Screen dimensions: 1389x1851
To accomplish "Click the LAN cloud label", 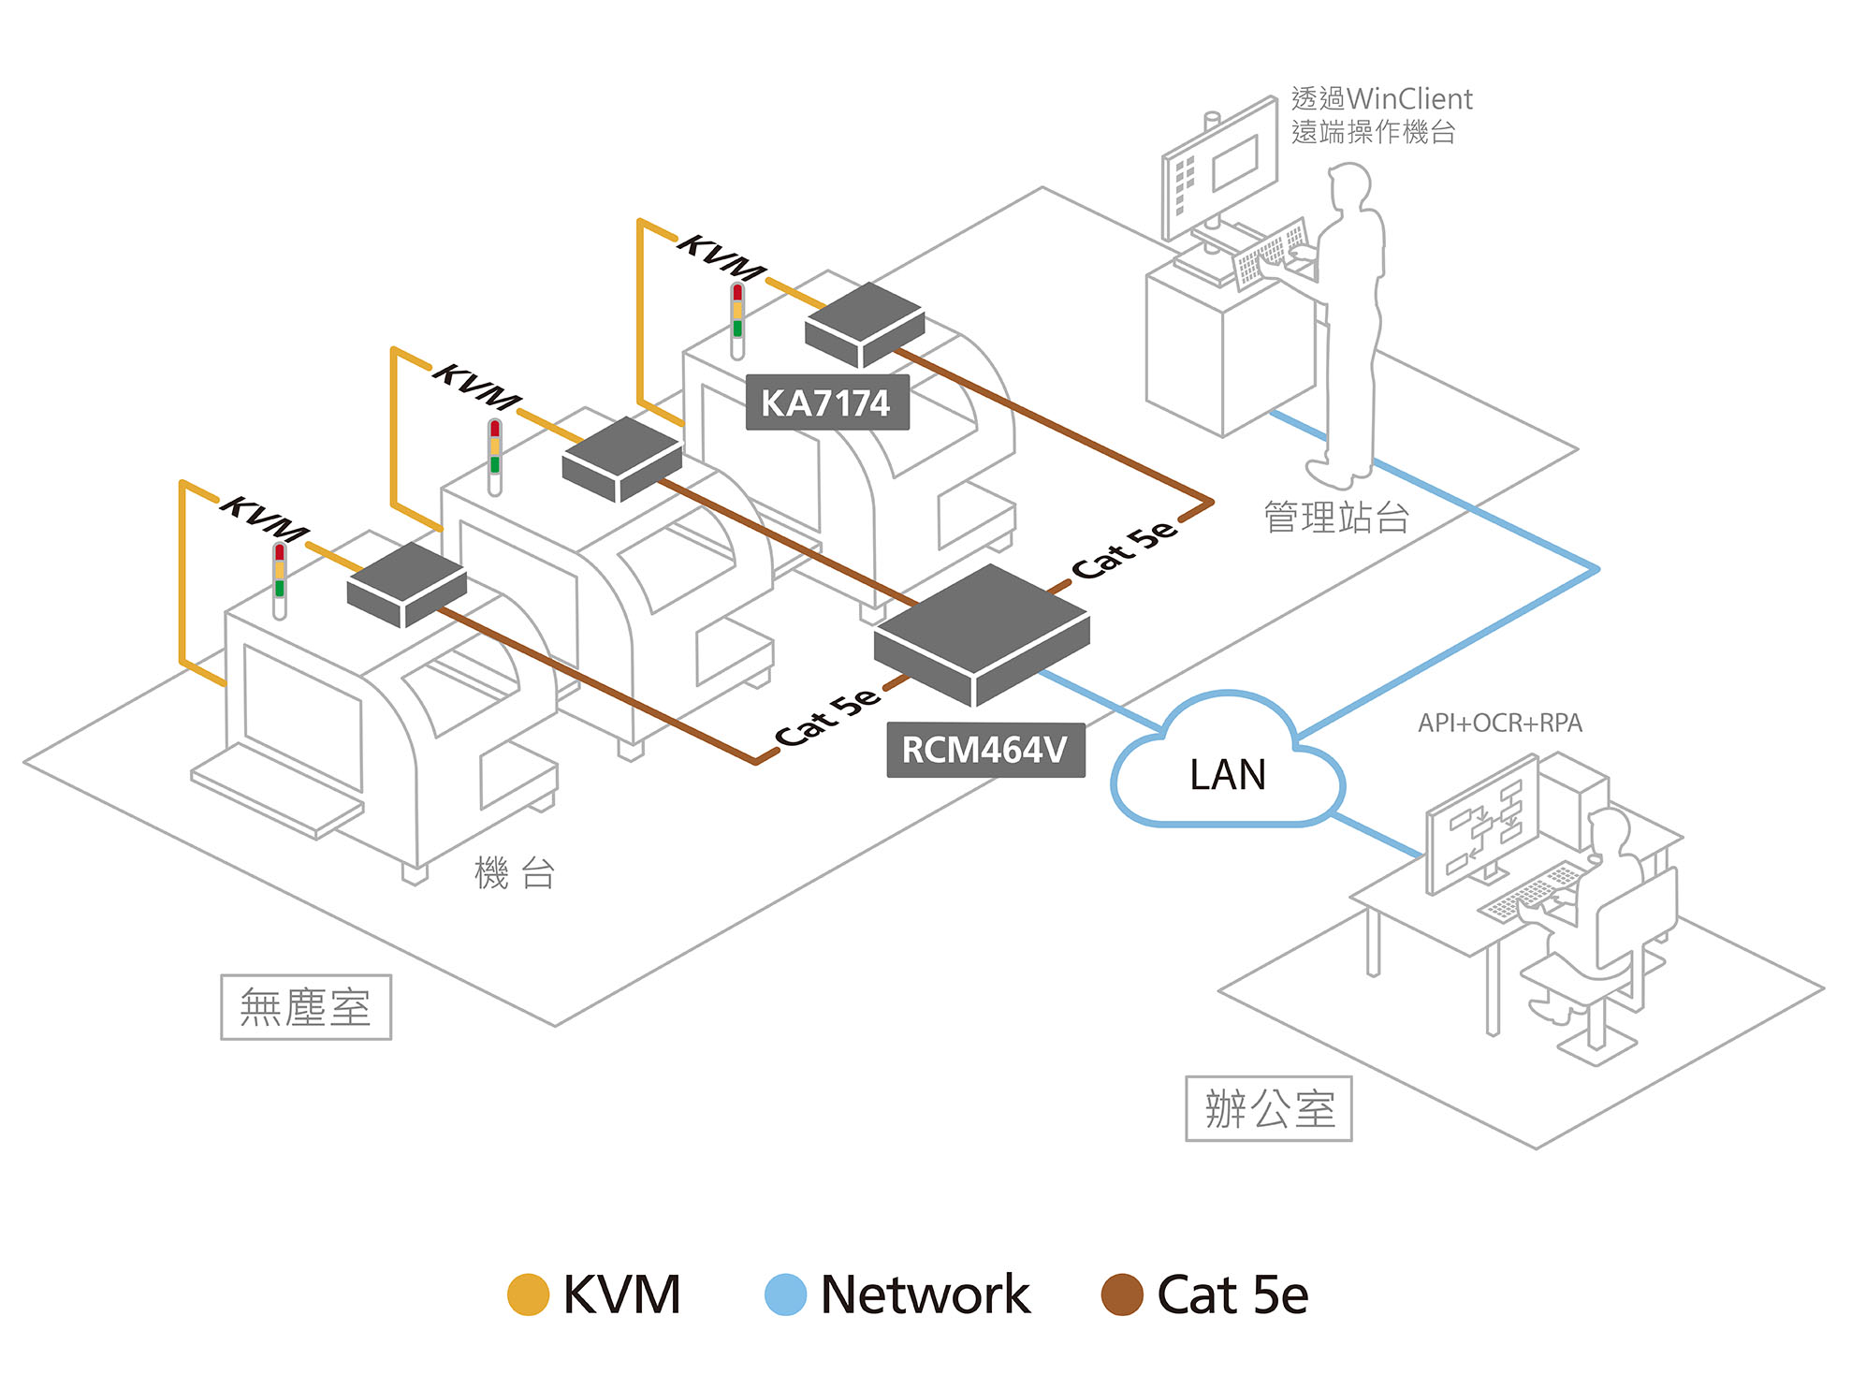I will click(x=1227, y=775).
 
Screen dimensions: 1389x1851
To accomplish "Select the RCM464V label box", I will click(x=985, y=750).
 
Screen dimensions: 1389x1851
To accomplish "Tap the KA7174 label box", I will click(x=826, y=403).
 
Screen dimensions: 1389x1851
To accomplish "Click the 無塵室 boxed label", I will click(x=305, y=1007).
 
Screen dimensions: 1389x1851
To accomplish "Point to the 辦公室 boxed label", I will click(x=1268, y=1109).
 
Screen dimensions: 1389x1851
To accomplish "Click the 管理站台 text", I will click(x=1336, y=517).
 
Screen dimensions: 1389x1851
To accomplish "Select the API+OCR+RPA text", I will click(x=1499, y=723).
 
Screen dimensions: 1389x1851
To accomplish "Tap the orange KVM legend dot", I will click(x=528, y=1294).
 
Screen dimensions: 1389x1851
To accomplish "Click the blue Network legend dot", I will click(x=785, y=1294).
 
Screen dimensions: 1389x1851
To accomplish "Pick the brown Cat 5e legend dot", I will click(x=1122, y=1294).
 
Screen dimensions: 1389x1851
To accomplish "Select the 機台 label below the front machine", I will click(x=514, y=873).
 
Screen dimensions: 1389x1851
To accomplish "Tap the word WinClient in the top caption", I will click(x=1409, y=98).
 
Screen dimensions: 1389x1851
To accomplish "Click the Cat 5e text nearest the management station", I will click(x=1124, y=548).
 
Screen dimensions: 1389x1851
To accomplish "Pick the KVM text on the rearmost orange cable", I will click(x=721, y=257).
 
